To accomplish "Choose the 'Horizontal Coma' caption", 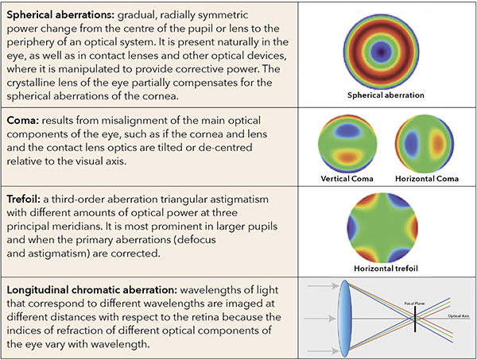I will click(427, 176).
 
